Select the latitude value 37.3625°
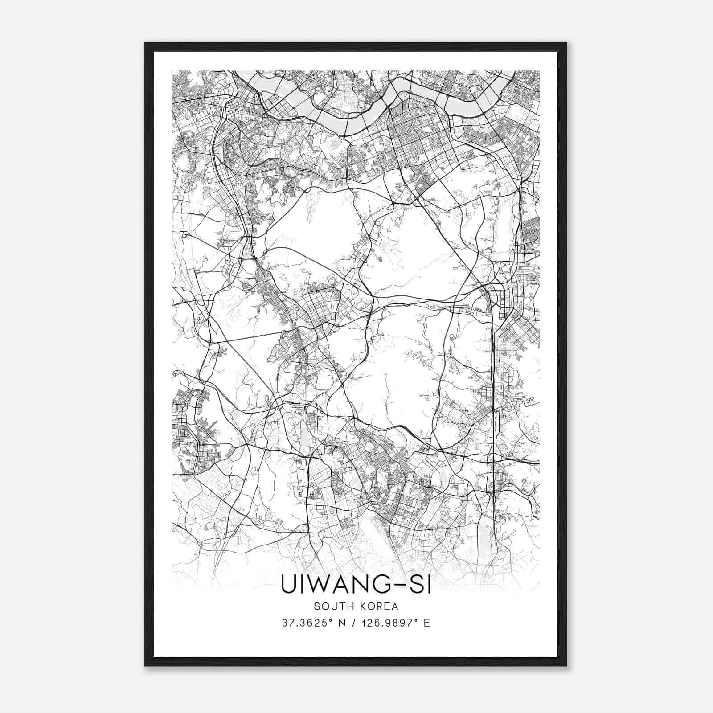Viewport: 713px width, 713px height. click(x=308, y=623)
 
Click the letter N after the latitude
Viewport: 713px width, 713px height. click(x=343, y=623)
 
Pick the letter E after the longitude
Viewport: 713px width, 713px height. click(x=427, y=623)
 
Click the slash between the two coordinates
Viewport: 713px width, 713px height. click(x=354, y=623)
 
